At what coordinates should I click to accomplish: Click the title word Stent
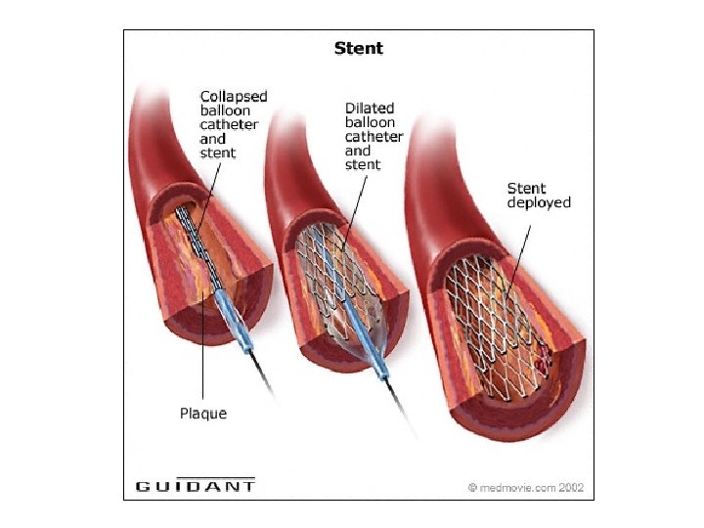click(359, 48)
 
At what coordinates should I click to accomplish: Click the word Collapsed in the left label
click(234, 96)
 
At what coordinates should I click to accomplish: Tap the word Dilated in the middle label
click(369, 109)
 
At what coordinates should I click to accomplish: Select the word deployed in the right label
click(539, 202)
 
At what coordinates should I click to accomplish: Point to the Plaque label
click(203, 414)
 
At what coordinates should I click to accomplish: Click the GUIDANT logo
click(196, 485)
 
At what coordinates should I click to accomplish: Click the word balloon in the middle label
click(370, 123)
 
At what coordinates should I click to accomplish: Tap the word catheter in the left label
click(229, 125)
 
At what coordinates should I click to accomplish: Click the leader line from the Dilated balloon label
click(353, 205)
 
